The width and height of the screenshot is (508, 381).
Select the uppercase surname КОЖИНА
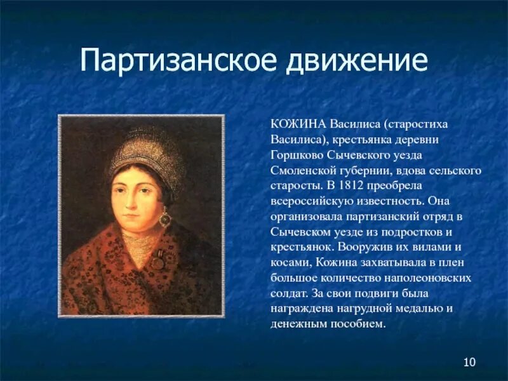point(296,124)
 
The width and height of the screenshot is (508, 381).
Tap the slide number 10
point(469,363)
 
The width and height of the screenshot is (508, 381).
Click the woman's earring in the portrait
point(165,218)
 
